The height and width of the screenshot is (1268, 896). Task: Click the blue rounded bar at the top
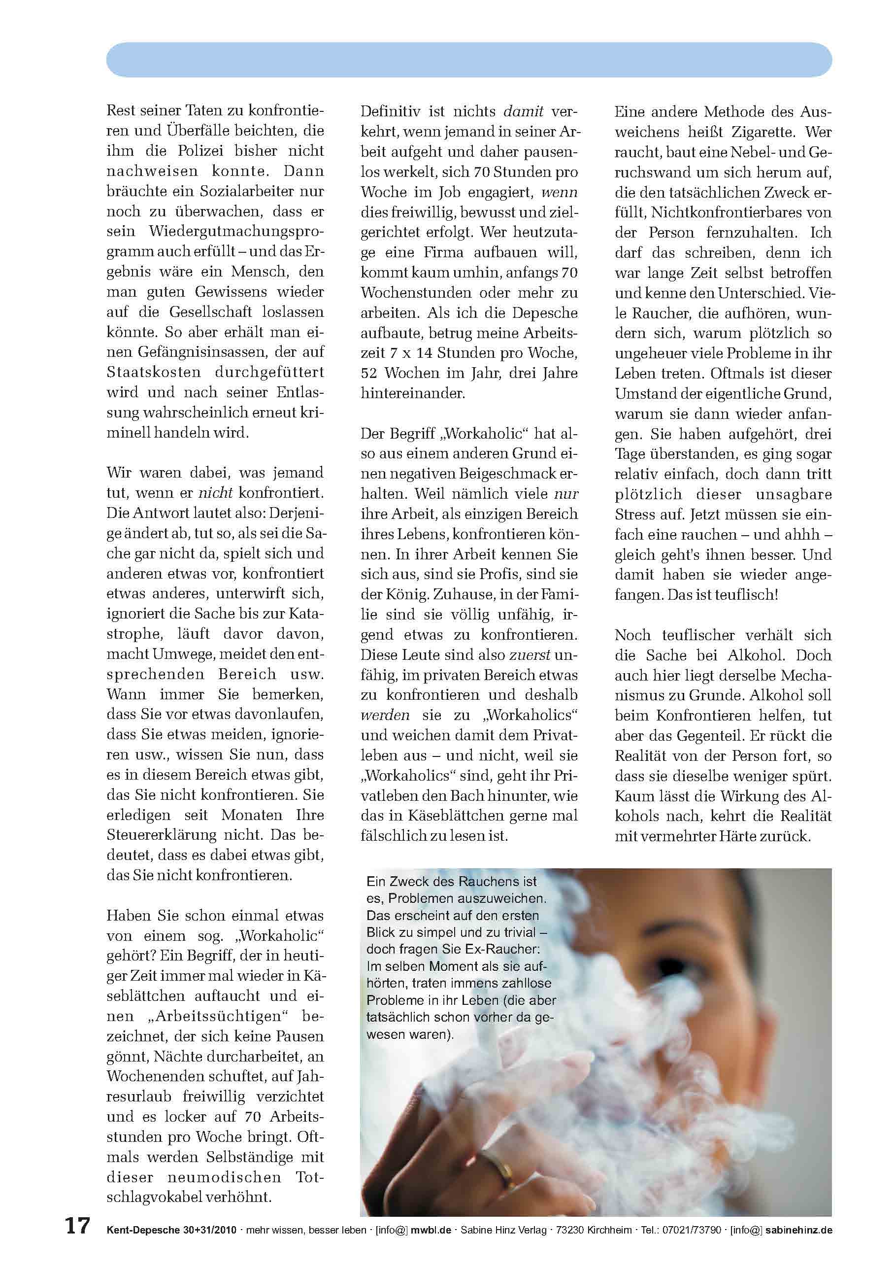pyautogui.click(x=469, y=60)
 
